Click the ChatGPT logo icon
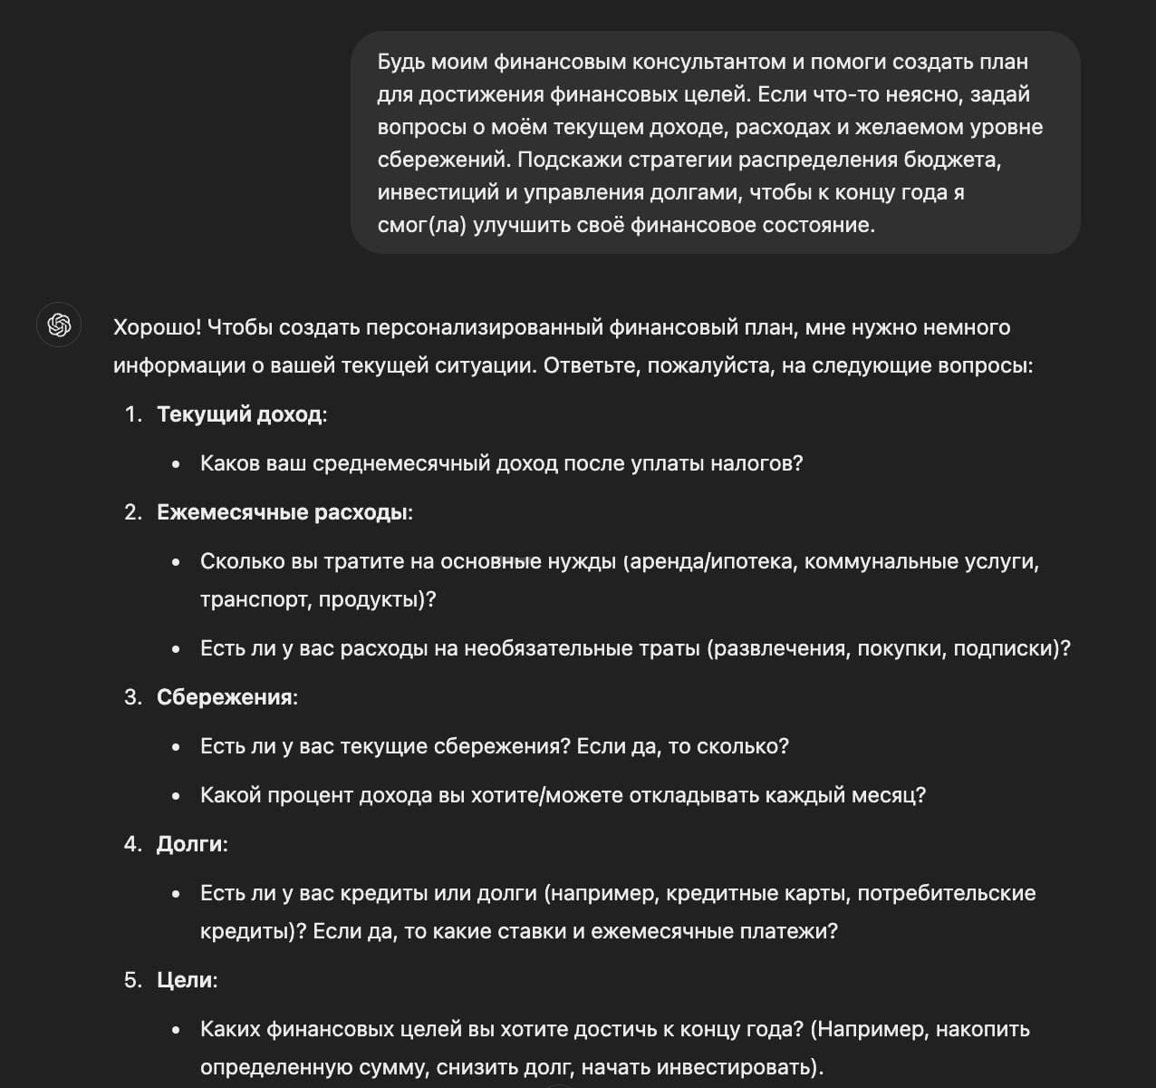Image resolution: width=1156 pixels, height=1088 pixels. point(59,325)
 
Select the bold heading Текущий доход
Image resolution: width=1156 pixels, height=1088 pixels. point(239,414)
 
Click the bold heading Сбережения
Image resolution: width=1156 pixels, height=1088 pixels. point(225,697)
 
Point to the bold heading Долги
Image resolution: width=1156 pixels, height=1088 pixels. point(188,844)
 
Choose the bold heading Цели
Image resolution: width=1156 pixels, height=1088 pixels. point(184,980)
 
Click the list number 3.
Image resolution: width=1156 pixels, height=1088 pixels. point(132,697)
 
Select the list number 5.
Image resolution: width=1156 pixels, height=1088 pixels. point(132,980)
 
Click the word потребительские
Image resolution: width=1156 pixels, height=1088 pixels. point(946,893)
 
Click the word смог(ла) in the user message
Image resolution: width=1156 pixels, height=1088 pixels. point(421,225)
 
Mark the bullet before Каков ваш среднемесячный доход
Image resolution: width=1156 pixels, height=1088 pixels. point(177,464)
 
